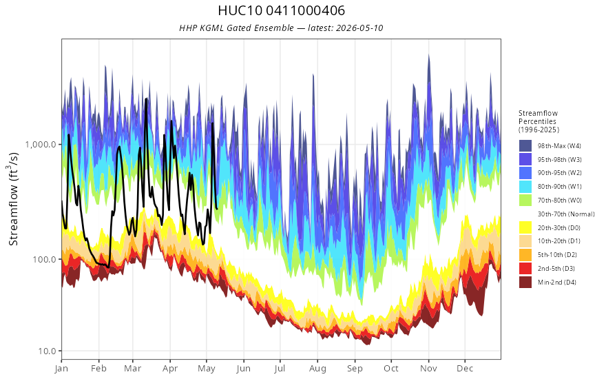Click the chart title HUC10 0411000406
click(282, 10)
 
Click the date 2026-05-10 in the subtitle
click(359, 28)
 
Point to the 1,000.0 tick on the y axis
click(43, 144)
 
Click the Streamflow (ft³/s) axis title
click(13, 198)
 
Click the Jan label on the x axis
click(61, 369)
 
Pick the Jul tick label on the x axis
click(280, 369)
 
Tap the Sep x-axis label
click(355, 369)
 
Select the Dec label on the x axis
click(465, 369)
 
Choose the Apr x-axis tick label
click(169, 369)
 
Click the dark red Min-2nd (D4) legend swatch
click(525, 282)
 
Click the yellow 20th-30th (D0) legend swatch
click(525, 227)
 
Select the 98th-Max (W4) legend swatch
click(525, 146)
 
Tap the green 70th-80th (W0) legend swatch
click(525, 201)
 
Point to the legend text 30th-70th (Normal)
click(566, 214)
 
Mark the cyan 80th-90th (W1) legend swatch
click(525, 187)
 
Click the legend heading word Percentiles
click(537, 121)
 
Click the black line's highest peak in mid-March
click(146, 99)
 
